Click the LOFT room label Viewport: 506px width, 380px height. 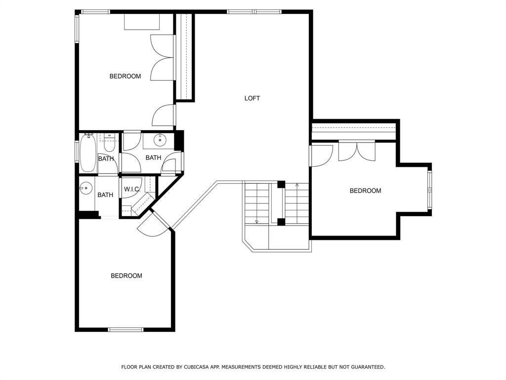click(x=252, y=98)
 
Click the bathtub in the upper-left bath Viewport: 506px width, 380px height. click(x=88, y=153)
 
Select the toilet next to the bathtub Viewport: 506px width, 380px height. click(x=109, y=142)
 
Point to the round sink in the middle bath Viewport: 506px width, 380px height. click(x=160, y=141)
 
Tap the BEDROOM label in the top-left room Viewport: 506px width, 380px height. click(x=125, y=76)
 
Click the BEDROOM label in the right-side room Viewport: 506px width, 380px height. click(x=365, y=191)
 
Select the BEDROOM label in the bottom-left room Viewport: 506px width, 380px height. click(x=126, y=276)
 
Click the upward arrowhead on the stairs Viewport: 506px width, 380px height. click(x=297, y=186)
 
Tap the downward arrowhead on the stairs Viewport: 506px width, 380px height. click(x=256, y=222)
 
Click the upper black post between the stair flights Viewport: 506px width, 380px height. click(x=281, y=185)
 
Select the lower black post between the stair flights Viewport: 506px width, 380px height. click(x=281, y=222)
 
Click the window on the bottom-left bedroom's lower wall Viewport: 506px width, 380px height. click(x=126, y=330)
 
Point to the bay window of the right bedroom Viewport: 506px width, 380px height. click(x=429, y=189)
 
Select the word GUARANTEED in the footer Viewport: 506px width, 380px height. click(x=367, y=367)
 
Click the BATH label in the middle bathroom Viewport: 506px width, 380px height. click(x=153, y=158)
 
